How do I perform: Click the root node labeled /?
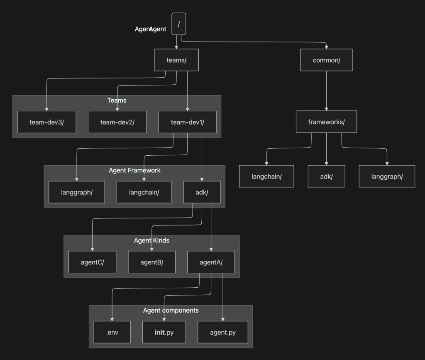(x=178, y=24)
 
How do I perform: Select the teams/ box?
(x=176, y=60)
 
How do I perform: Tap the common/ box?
(x=326, y=60)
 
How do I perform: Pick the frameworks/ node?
(x=326, y=122)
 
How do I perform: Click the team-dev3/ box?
(x=46, y=122)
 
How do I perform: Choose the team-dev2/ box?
(x=117, y=122)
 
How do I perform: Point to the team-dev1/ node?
(x=188, y=122)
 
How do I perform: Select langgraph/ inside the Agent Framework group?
(x=77, y=192)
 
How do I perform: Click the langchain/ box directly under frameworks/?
(x=266, y=176)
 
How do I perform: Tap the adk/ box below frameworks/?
(x=326, y=176)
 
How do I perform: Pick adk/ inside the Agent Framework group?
(x=202, y=192)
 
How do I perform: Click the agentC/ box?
(x=92, y=262)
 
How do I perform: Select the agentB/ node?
(x=151, y=262)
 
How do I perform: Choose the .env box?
(x=112, y=332)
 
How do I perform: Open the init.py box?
(x=164, y=332)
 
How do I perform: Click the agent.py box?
(x=223, y=332)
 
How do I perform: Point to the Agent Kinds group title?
(x=151, y=240)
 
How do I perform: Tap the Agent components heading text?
(x=171, y=310)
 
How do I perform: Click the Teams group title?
(x=117, y=100)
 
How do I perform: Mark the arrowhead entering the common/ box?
(x=326, y=47)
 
